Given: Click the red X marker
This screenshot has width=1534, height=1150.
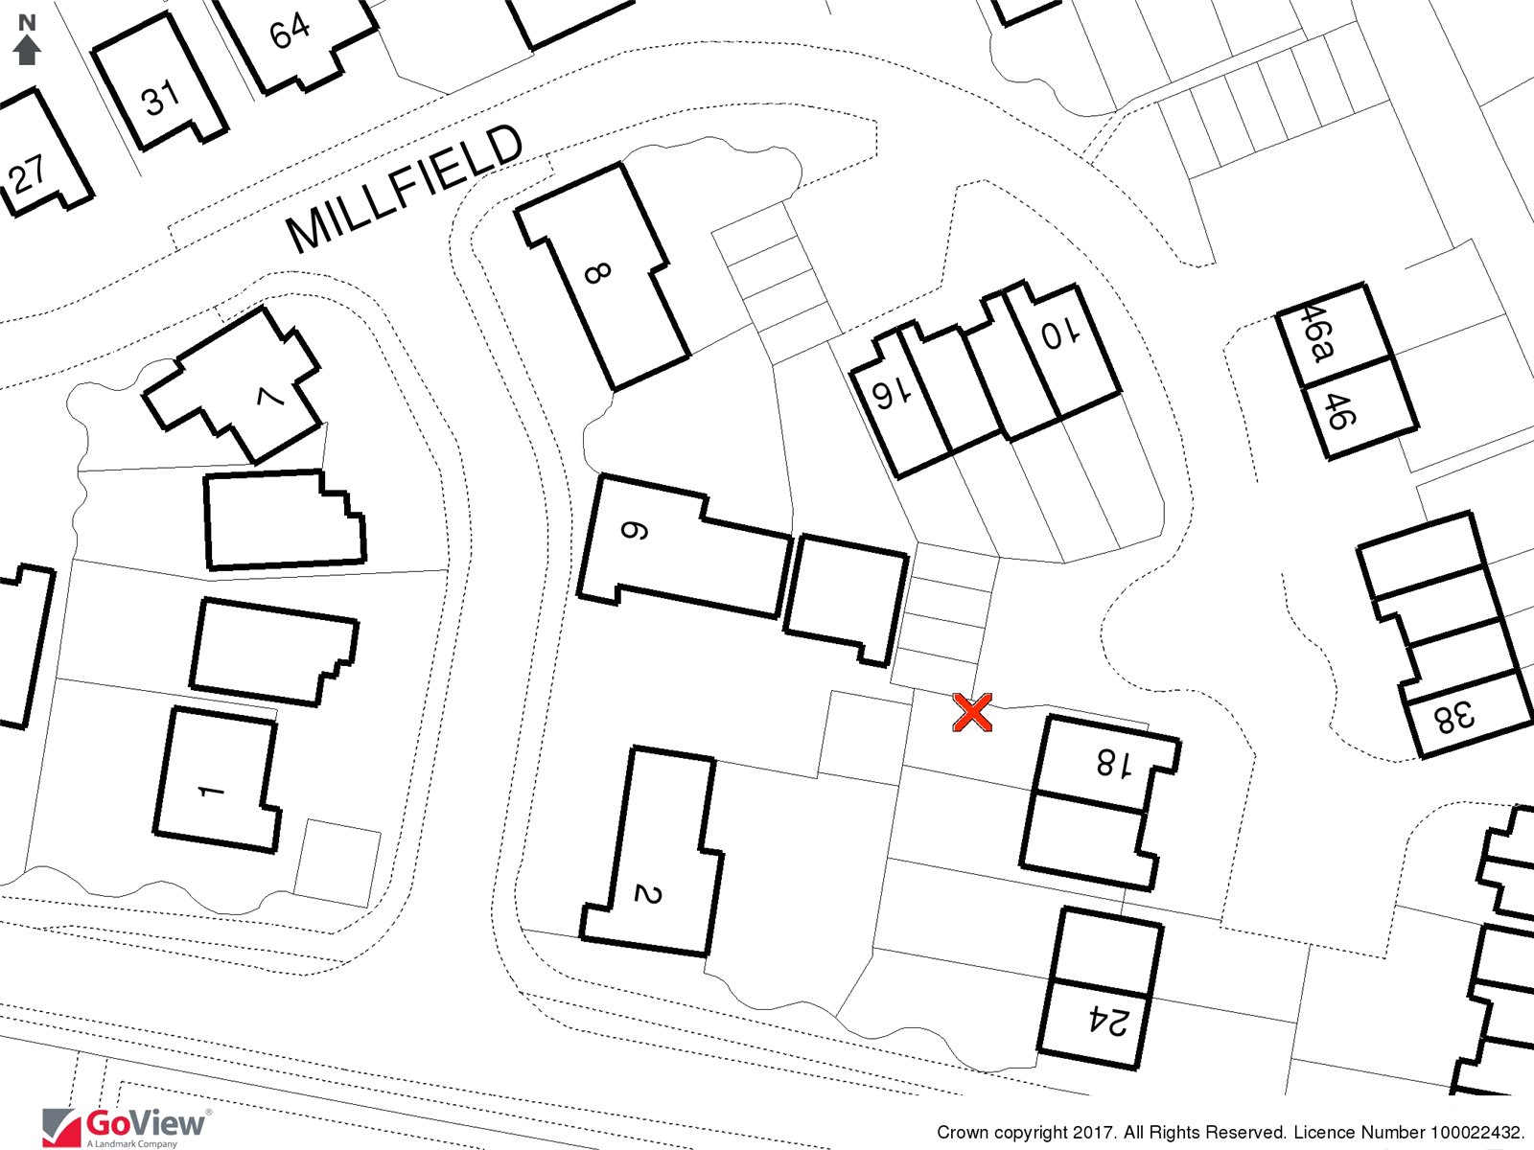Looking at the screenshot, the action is click(971, 713).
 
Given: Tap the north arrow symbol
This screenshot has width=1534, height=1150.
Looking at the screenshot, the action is click(27, 40).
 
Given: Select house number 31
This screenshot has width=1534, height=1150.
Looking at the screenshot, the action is click(161, 98).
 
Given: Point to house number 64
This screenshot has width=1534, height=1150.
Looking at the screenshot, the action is click(291, 33).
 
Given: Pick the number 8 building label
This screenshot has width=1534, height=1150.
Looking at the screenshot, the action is click(597, 272).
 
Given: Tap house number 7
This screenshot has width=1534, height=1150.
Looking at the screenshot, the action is click(270, 398).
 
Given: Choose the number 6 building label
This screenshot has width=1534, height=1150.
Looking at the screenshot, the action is click(634, 531).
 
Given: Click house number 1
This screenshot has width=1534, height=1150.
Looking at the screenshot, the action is click(211, 792).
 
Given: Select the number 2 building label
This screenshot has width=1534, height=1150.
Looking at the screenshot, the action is click(647, 894).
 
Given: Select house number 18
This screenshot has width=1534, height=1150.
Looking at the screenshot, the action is click(1114, 763).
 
